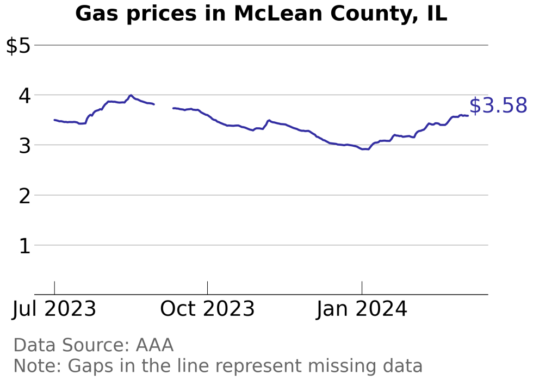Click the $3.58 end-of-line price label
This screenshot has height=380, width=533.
tap(498, 106)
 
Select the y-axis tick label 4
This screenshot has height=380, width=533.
tap(24, 96)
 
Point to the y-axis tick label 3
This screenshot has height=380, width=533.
tap(24, 146)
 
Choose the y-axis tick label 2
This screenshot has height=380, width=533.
tap(24, 196)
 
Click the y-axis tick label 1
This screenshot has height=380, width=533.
tap(24, 246)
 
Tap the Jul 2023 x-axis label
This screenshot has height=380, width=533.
tap(54, 309)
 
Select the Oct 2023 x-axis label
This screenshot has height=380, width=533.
tap(207, 309)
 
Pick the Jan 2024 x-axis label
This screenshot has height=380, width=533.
tap(362, 309)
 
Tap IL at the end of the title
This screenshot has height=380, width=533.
tap(437, 14)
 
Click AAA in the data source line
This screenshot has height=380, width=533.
tap(154, 345)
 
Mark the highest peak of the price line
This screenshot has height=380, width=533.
tap(131, 95)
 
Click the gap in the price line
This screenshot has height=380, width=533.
tap(164, 106)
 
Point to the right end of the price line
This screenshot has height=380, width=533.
tap(468, 115)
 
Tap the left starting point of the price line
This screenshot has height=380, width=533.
tap(54, 120)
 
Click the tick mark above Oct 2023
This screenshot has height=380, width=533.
tap(207, 288)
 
